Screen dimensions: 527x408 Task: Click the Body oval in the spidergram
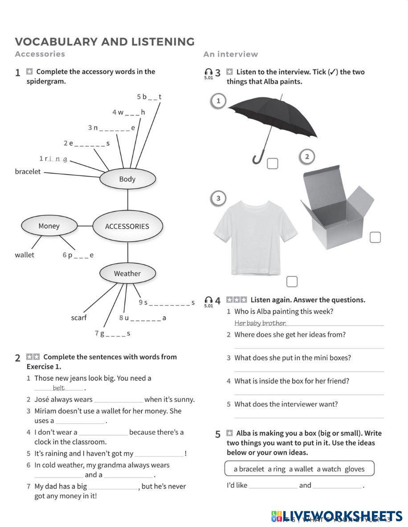coord(127,179)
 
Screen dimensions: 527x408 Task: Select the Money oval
coord(49,226)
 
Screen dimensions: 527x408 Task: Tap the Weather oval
coord(127,274)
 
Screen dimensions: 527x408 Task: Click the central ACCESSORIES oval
coord(127,226)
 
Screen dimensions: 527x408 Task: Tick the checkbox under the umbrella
coord(273,164)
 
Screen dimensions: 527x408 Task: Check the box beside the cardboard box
coord(375,238)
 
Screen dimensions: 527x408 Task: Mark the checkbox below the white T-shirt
coord(292,281)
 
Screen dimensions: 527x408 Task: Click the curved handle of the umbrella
coord(258,158)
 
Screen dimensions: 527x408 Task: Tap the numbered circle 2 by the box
coord(307,157)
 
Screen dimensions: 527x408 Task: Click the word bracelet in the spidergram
coord(28,172)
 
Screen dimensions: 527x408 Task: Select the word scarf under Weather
coord(79,318)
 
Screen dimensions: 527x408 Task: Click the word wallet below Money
coord(24,255)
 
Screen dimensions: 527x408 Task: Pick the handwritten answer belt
coord(59,388)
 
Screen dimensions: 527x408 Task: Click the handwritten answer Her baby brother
coord(260,324)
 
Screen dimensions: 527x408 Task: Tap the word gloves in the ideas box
coord(355,469)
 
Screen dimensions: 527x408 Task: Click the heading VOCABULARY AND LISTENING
coord(105,42)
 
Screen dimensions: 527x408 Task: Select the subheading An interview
coord(231,54)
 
